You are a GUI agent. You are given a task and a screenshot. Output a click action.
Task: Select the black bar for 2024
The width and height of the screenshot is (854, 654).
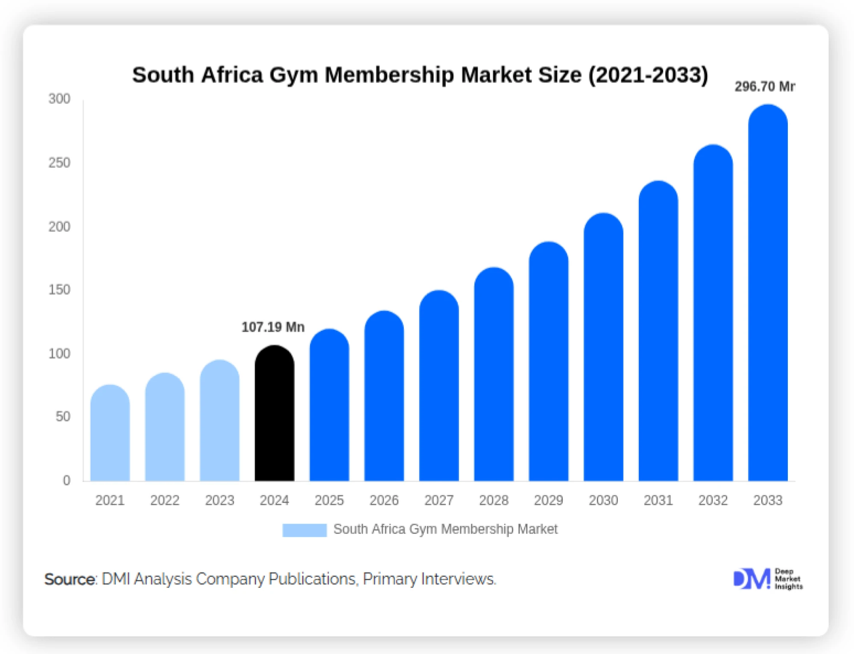274,414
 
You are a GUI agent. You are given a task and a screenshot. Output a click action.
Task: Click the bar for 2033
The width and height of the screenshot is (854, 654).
768,295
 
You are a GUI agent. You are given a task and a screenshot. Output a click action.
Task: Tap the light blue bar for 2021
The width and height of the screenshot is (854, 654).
110,433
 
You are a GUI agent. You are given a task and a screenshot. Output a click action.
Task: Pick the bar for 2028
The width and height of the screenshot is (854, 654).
494,376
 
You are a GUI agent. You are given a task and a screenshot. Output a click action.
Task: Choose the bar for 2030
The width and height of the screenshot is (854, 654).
603,348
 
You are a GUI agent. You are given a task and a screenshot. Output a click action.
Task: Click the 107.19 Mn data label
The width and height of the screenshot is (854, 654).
273,327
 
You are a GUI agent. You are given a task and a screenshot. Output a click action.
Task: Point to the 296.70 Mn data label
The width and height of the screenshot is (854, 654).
764,87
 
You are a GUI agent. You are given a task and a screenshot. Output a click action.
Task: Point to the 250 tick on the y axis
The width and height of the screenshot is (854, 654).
59,163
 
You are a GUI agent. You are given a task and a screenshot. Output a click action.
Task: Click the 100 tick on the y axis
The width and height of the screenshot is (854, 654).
59,353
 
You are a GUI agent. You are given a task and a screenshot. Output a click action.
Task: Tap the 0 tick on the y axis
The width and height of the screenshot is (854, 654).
67,480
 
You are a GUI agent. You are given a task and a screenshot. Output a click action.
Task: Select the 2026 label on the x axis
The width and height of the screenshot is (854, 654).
384,500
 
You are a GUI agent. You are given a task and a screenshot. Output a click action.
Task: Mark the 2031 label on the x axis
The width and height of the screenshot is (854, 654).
658,500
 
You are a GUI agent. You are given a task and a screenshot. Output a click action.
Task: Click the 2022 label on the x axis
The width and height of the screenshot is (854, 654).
165,500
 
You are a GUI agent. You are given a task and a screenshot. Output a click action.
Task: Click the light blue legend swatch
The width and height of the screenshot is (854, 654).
304,530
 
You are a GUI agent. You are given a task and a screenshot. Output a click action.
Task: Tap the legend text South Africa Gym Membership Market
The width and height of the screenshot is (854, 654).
445,529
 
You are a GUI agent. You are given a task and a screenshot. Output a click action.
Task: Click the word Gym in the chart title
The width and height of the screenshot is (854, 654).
294,75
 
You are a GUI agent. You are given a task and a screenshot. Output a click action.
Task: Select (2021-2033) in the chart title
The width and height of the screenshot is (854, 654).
648,75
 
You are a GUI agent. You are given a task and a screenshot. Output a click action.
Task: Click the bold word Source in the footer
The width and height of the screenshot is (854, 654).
70,579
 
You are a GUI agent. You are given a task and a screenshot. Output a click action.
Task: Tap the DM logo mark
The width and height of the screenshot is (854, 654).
752,579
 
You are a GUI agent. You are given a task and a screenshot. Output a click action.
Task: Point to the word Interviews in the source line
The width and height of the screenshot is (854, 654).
458,579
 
